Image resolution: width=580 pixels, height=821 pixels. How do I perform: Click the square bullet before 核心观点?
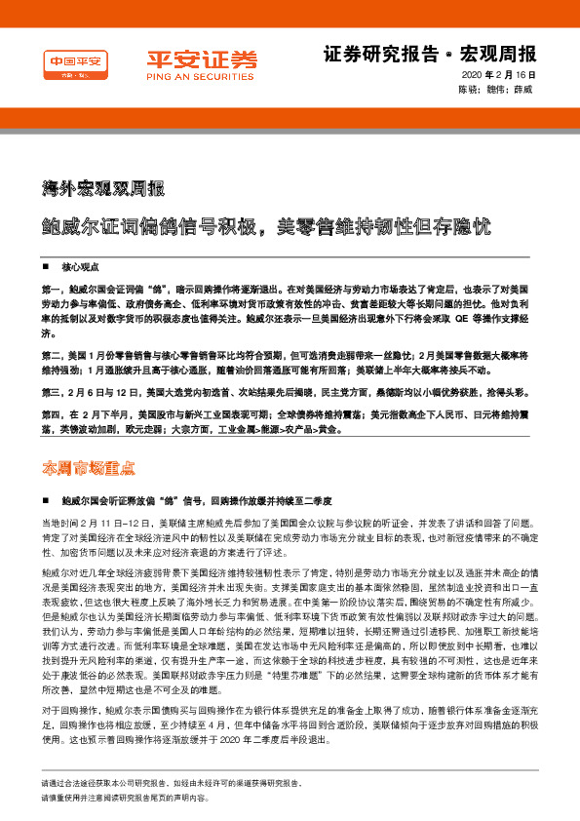point(46,266)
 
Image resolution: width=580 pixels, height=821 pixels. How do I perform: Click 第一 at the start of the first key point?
point(51,290)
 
